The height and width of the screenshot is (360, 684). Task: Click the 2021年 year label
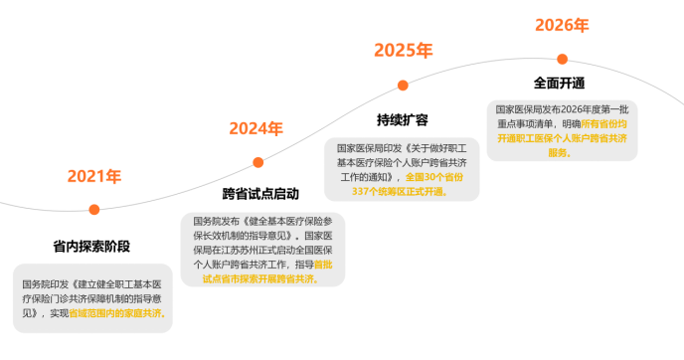94,176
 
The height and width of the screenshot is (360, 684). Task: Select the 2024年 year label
256,128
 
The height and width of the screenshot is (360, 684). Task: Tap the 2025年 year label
403,51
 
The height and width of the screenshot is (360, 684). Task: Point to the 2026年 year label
562,25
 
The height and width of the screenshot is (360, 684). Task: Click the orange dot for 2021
94,210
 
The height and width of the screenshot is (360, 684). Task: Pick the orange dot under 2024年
258,163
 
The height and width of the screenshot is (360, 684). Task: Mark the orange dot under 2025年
403,86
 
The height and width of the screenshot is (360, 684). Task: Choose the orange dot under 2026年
563,60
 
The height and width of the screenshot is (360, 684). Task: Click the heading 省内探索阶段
91,247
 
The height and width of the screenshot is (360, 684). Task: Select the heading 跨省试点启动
260,194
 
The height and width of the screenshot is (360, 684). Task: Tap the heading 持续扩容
403,120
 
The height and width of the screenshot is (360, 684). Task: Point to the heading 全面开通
560,83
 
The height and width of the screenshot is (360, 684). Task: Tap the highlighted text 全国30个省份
434,177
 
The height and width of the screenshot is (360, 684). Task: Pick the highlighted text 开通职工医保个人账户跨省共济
563,138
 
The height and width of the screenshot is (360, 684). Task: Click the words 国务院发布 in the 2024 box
217,222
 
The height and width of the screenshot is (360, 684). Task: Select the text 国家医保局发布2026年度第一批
562,109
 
